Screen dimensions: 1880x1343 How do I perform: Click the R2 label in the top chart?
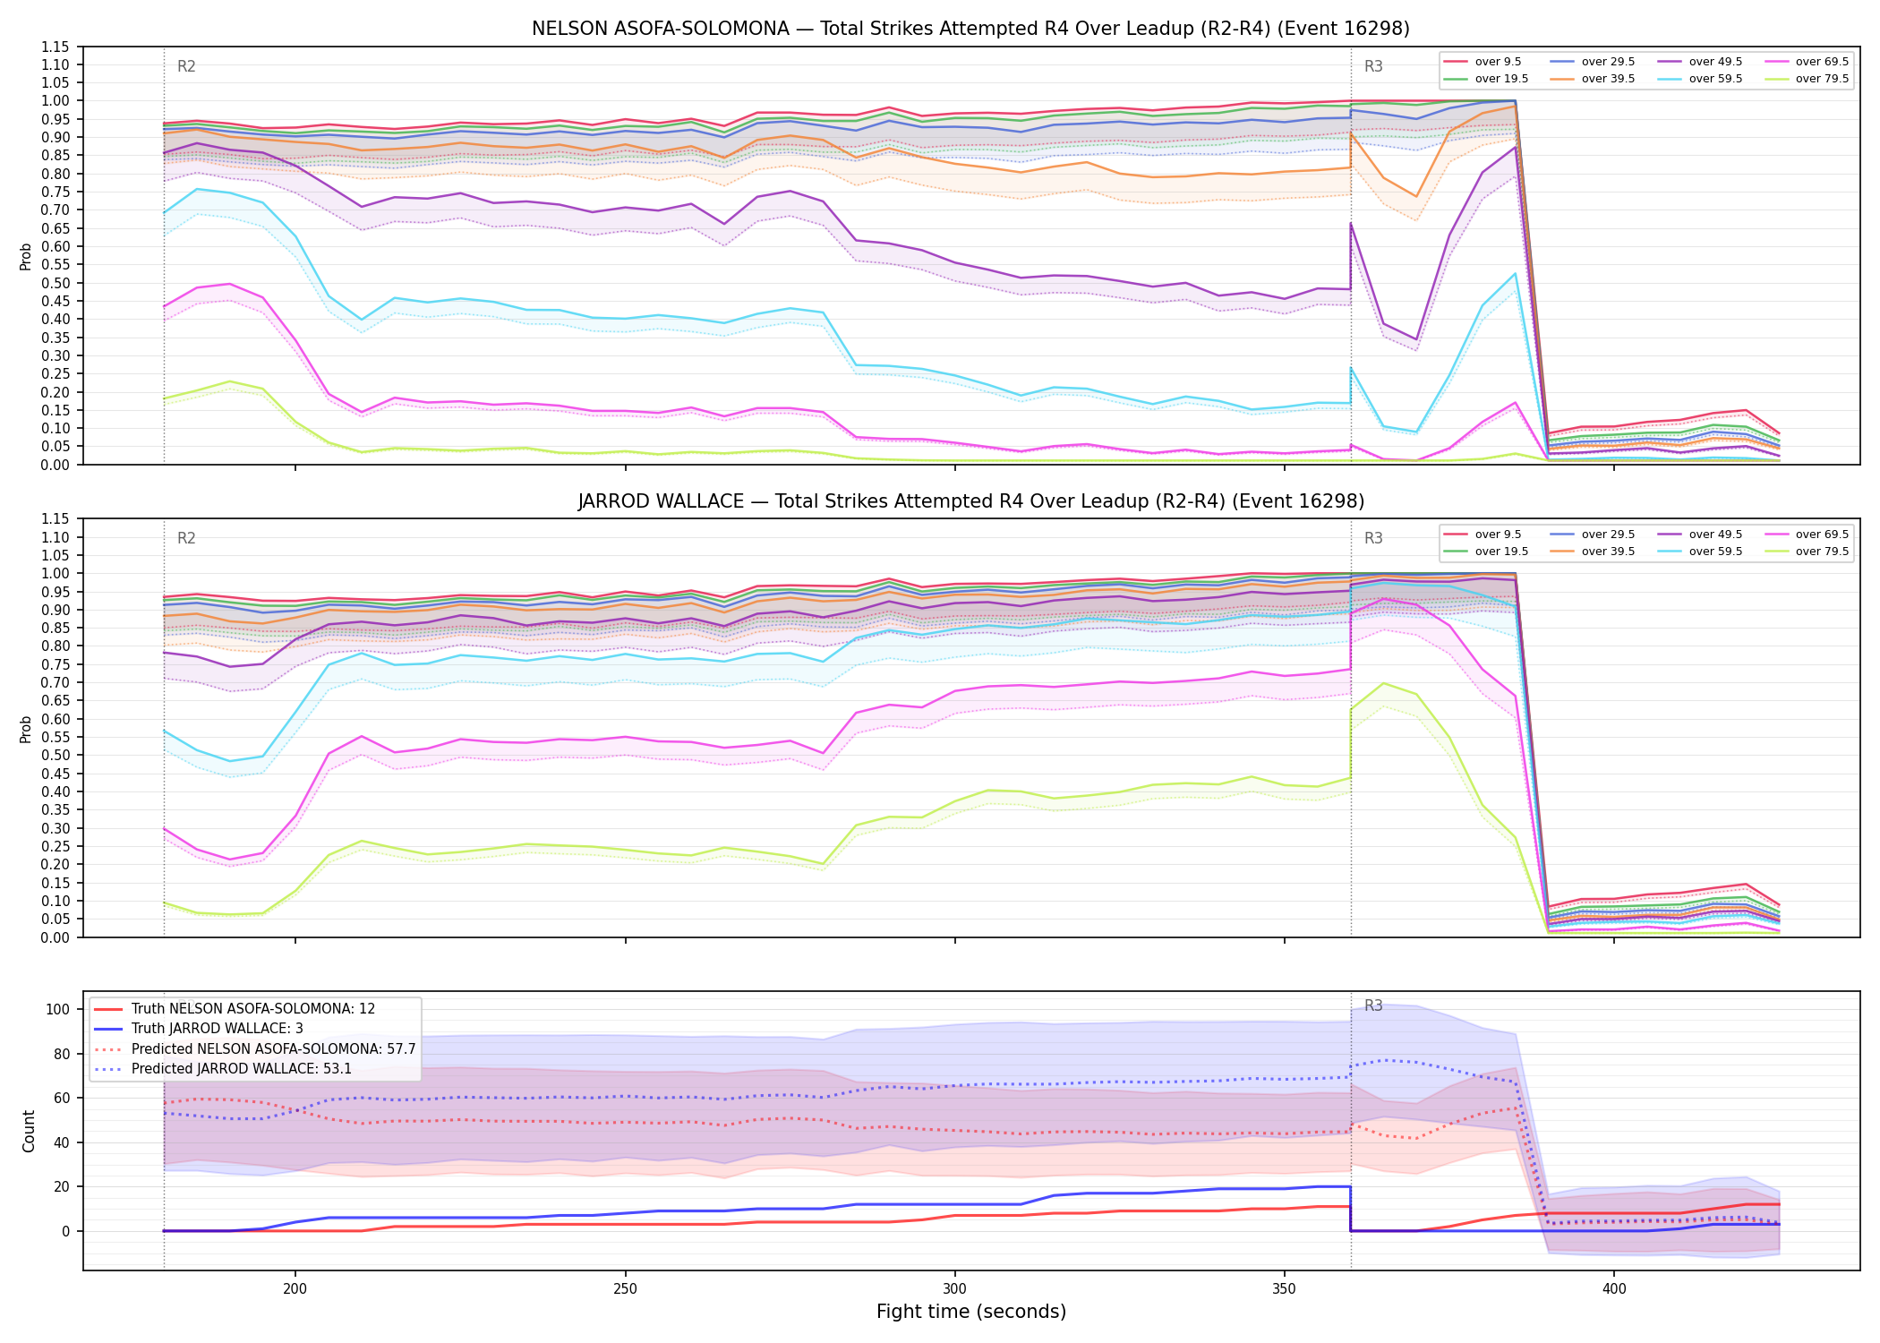click(186, 66)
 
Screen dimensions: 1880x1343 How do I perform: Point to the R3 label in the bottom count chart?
click(1373, 1005)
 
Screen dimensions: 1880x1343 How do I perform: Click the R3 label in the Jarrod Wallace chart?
click(1373, 538)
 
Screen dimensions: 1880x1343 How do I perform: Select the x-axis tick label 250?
click(625, 1289)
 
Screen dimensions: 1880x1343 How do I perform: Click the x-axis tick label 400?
click(1614, 1289)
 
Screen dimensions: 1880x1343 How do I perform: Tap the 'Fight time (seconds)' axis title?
click(971, 1312)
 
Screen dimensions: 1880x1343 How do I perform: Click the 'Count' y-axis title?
click(29, 1132)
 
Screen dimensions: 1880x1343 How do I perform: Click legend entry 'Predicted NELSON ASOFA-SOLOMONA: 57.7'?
click(254, 1048)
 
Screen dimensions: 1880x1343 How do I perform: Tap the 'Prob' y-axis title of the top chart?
click(26, 256)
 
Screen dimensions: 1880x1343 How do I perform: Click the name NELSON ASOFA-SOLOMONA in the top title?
click(661, 29)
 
